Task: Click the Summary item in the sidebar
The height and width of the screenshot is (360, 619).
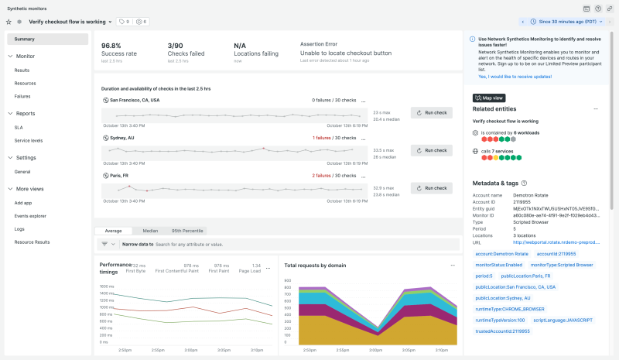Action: (24, 39)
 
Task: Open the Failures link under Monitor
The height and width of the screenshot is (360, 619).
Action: (22, 96)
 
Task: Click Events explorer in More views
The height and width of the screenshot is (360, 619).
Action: (30, 216)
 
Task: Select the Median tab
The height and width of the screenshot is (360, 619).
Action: (149, 231)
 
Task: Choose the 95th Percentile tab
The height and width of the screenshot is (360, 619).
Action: (187, 231)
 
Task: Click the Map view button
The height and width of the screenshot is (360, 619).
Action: (490, 98)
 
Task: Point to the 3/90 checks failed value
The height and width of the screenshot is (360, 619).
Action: (176, 46)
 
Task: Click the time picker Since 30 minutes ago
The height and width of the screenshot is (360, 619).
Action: (569, 22)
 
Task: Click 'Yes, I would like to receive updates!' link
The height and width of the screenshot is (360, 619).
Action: (515, 77)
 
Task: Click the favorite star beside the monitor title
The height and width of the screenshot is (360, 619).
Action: (9, 22)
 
